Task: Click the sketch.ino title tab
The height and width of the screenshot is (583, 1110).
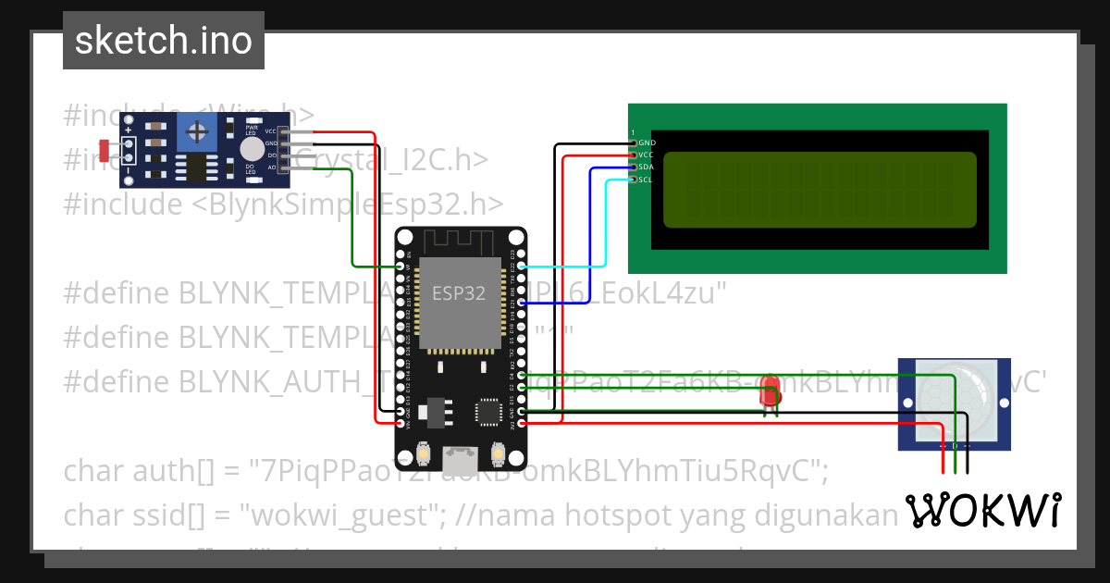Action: coord(163,41)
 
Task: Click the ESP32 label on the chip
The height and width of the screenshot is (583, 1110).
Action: coord(459,294)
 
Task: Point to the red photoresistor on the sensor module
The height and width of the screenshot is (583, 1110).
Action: coord(103,148)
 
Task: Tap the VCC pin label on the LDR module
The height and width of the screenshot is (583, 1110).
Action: coord(271,132)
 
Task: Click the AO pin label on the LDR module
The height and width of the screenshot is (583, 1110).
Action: coord(271,167)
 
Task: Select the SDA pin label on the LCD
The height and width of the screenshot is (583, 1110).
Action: coord(646,167)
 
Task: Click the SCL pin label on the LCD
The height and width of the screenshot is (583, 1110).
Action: coord(646,180)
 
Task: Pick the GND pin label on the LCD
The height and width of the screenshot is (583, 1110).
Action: coord(647,143)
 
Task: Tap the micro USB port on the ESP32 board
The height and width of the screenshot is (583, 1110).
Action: coord(460,458)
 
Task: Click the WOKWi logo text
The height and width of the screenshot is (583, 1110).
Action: coord(982,510)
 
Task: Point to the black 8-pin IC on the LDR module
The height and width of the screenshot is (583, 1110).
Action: coord(196,168)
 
